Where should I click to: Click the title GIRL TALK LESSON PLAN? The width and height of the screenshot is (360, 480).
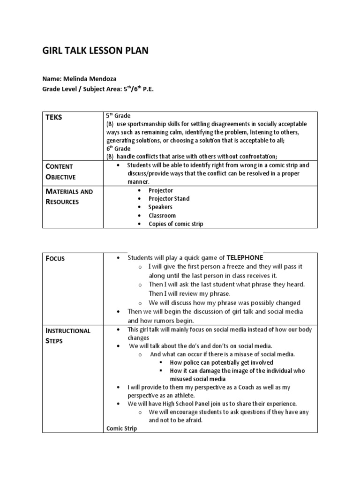(x=95, y=51)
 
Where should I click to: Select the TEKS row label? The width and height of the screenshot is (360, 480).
(x=53, y=118)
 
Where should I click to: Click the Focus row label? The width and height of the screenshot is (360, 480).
(x=55, y=258)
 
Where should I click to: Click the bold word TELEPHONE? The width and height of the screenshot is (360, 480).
(x=245, y=257)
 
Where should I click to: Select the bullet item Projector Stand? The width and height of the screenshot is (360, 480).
(x=169, y=199)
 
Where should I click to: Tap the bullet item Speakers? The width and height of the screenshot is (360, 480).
(x=160, y=207)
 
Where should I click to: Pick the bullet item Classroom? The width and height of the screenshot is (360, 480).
(x=162, y=216)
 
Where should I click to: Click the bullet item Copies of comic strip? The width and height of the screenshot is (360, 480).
(x=176, y=224)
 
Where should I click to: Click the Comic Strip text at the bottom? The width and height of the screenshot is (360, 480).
(x=121, y=428)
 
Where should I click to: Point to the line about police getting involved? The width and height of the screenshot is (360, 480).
(x=221, y=362)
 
